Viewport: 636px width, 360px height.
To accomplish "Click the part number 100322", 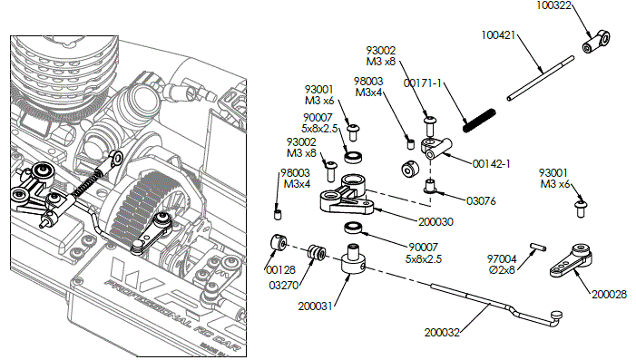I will coord(553,5).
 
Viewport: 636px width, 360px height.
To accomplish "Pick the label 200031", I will coord(317,306).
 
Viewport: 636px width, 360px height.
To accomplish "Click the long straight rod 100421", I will coord(541,76).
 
